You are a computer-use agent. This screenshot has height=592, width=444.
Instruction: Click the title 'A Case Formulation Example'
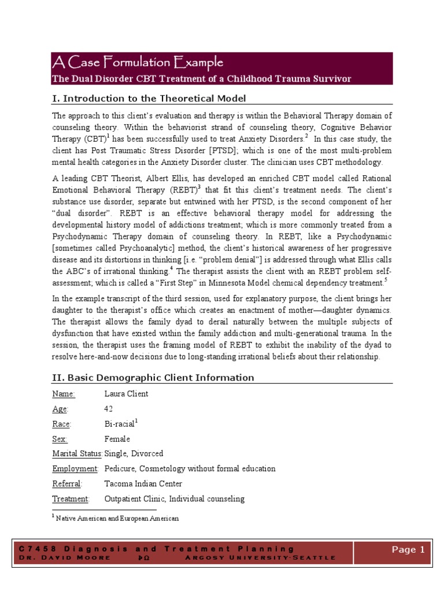coord(137,62)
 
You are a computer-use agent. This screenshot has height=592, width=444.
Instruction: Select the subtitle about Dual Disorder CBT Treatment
coord(201,79)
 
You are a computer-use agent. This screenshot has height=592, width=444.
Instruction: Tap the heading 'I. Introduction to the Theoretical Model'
coord(149,98)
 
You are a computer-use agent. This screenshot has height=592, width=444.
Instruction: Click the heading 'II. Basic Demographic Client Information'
coord(153,378)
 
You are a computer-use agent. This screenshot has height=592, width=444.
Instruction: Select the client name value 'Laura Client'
coord(126,394)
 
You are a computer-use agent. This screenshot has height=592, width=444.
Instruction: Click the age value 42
coord(109,409)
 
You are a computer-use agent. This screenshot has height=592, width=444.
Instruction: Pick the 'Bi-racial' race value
coord(119,424)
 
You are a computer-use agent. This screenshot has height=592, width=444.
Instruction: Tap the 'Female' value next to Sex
coord(117,439)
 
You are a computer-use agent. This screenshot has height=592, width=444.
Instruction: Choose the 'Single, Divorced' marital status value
coord(134,453)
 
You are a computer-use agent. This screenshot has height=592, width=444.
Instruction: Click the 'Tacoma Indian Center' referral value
coord(143,483)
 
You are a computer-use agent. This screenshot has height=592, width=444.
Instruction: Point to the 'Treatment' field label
coord(71,498)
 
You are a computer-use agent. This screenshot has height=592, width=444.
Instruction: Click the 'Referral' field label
coord(67,483)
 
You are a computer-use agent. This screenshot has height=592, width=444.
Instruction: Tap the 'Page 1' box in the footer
coord(408,550)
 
